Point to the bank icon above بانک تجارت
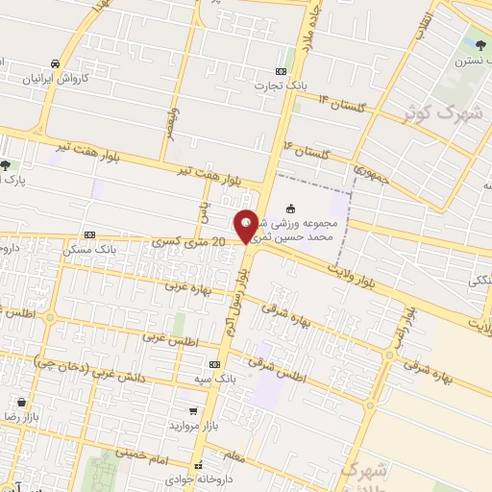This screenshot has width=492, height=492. pyautogui.click(x=281, y=71)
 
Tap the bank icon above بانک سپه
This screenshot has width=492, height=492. pyautogui.click(x=213, y=364)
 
